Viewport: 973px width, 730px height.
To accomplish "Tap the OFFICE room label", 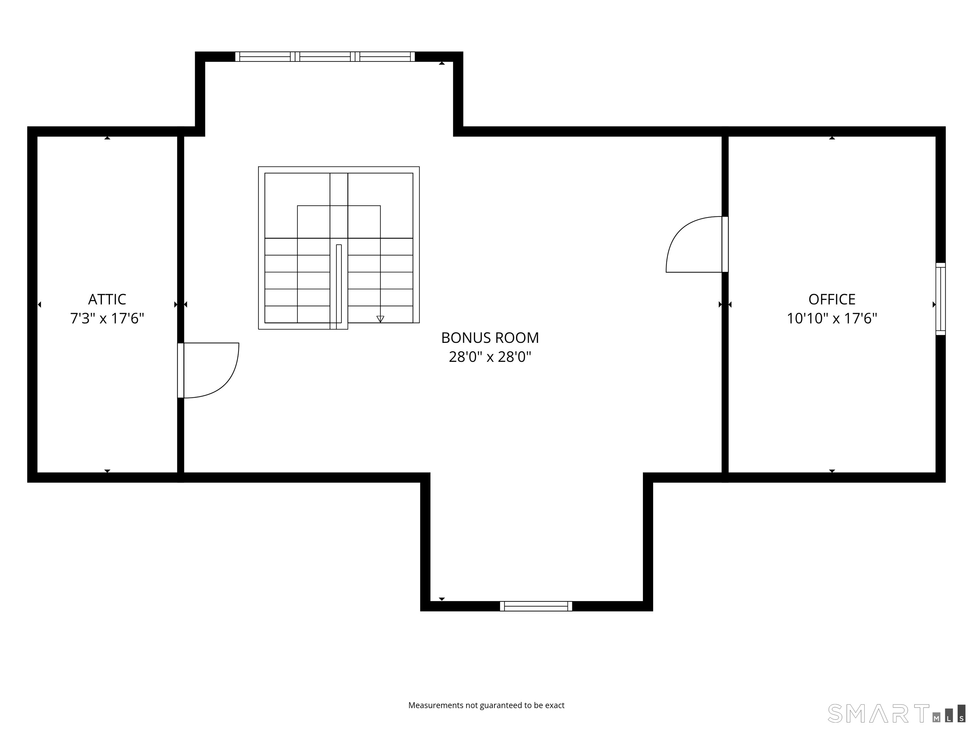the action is [832, 299].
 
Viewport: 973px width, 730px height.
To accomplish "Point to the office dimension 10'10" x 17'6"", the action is [832, 318].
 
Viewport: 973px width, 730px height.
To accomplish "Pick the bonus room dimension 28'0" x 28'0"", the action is [490, 356].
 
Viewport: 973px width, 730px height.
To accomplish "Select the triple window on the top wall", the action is [325, 56].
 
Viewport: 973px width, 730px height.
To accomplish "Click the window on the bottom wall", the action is [536, 606].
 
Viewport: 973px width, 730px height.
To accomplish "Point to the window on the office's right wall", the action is [940, 299].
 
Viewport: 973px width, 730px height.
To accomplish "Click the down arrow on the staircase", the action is [380, 318].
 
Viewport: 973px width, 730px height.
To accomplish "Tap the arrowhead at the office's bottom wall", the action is [832, 471].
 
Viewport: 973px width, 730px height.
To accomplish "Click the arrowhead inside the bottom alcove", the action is [442, 599].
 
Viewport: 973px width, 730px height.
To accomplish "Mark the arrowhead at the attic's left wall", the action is [40, 304].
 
